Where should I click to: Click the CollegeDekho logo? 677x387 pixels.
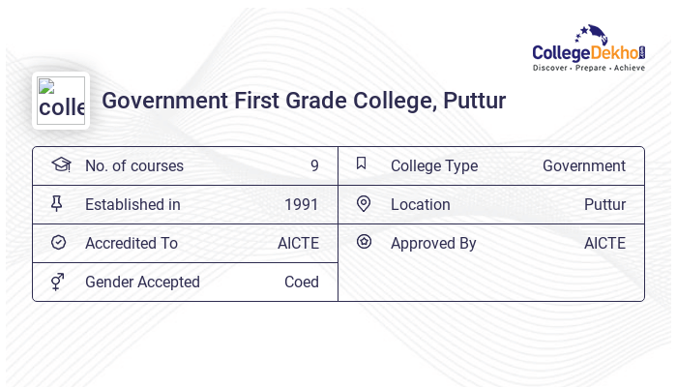588,48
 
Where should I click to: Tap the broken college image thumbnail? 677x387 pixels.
61,101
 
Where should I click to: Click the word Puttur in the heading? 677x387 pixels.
474,101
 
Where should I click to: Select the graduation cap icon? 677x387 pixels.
60,164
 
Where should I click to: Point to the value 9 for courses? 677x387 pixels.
314,165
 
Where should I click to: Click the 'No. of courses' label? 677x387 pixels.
133,165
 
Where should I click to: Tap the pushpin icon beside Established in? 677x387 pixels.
57,203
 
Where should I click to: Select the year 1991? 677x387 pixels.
301,204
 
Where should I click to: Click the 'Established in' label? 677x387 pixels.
132,204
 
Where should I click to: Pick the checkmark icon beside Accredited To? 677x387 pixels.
58,242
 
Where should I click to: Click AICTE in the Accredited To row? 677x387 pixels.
298,243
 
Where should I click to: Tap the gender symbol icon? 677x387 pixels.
58,282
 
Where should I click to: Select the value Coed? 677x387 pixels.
301,282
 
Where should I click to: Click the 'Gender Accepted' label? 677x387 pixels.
142,282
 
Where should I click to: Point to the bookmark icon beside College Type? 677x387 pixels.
362,164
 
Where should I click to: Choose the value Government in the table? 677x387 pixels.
583,165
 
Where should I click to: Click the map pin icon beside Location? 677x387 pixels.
364,203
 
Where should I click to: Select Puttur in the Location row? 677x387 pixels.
604,204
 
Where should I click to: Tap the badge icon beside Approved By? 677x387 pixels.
364,242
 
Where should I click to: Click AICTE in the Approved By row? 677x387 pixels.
604,243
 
